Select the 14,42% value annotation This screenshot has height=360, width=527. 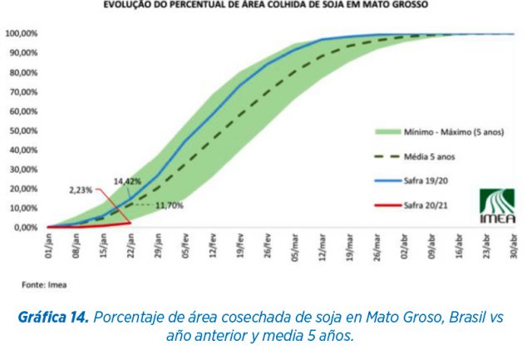(127, 181)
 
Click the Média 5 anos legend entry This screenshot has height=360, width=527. (431, 155)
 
